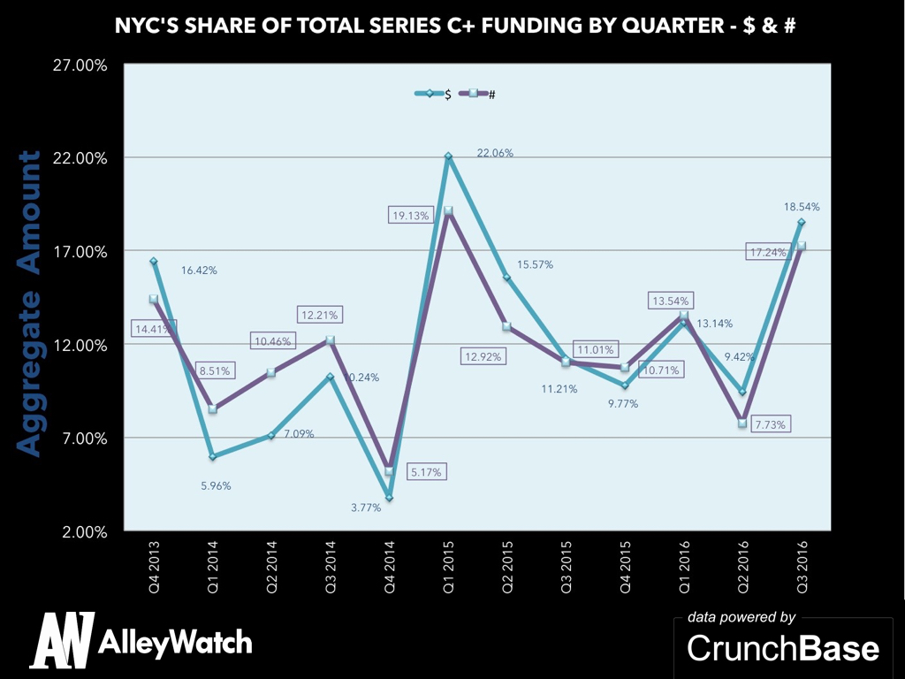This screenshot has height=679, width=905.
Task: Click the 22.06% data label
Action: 495,153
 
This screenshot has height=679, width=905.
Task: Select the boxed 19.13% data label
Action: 411,215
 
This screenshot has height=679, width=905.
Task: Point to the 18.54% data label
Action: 801,207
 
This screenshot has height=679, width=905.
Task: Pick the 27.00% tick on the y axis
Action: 82,65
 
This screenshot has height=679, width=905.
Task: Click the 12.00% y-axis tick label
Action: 82,345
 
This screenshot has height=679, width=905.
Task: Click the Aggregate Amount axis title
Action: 29,303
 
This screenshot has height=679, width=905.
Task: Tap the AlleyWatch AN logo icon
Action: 62,640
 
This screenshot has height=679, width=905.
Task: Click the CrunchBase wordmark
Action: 783,648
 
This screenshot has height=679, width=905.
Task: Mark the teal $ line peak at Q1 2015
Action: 448,156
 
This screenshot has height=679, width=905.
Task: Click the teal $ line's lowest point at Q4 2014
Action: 389,499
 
